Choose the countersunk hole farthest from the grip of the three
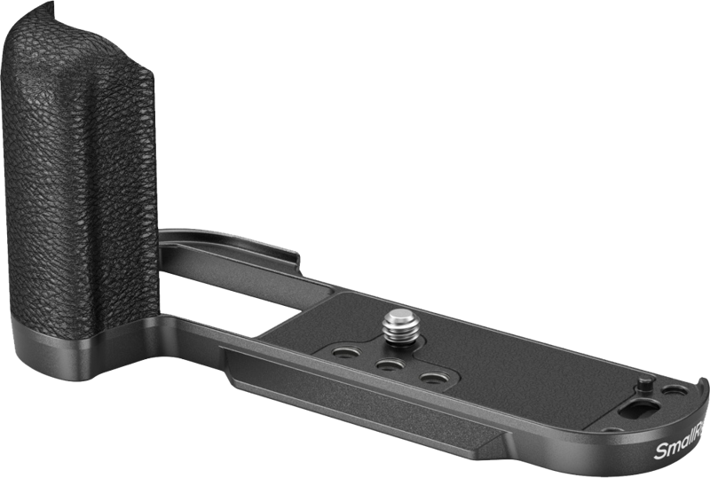pos(431,379)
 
